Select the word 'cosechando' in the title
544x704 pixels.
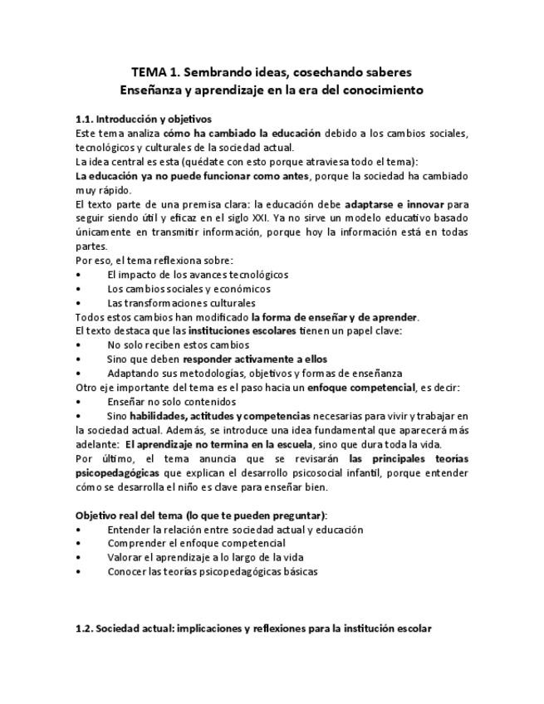tap(289, 72)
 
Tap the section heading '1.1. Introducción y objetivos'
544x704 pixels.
tap(143, 119)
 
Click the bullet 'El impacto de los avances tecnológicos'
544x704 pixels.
tap(198, 274)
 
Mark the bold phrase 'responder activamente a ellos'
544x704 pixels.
tap(255, 359)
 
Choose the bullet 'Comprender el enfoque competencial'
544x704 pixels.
tap(196, 543)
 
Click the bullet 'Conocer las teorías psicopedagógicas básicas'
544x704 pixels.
tap(212, 571)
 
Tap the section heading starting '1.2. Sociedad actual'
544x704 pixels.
tap(253, 628)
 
